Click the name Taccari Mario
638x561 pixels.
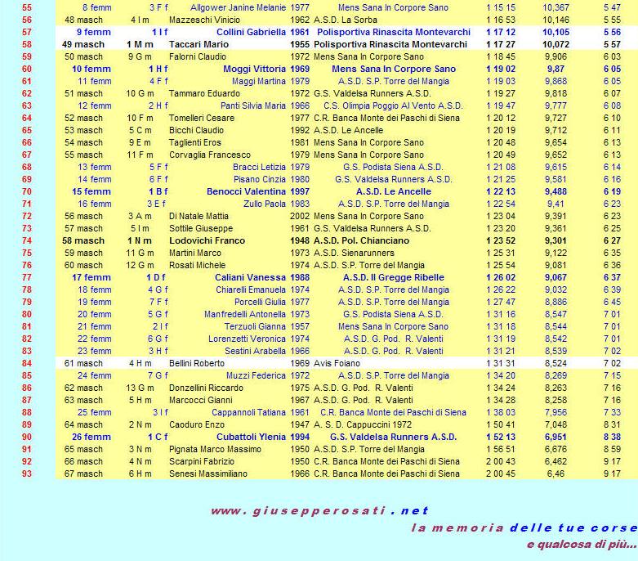point(199,43)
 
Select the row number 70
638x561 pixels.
point(26,191)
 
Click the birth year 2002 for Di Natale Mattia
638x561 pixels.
point(300,216)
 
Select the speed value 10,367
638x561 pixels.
point(555,7)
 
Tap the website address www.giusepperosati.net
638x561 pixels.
point(319,511)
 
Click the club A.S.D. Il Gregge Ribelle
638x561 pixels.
point(394,277)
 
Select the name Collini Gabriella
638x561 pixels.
point(251,31)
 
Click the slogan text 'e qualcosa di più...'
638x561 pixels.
point(581,544)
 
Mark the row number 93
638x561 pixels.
point(26,473)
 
